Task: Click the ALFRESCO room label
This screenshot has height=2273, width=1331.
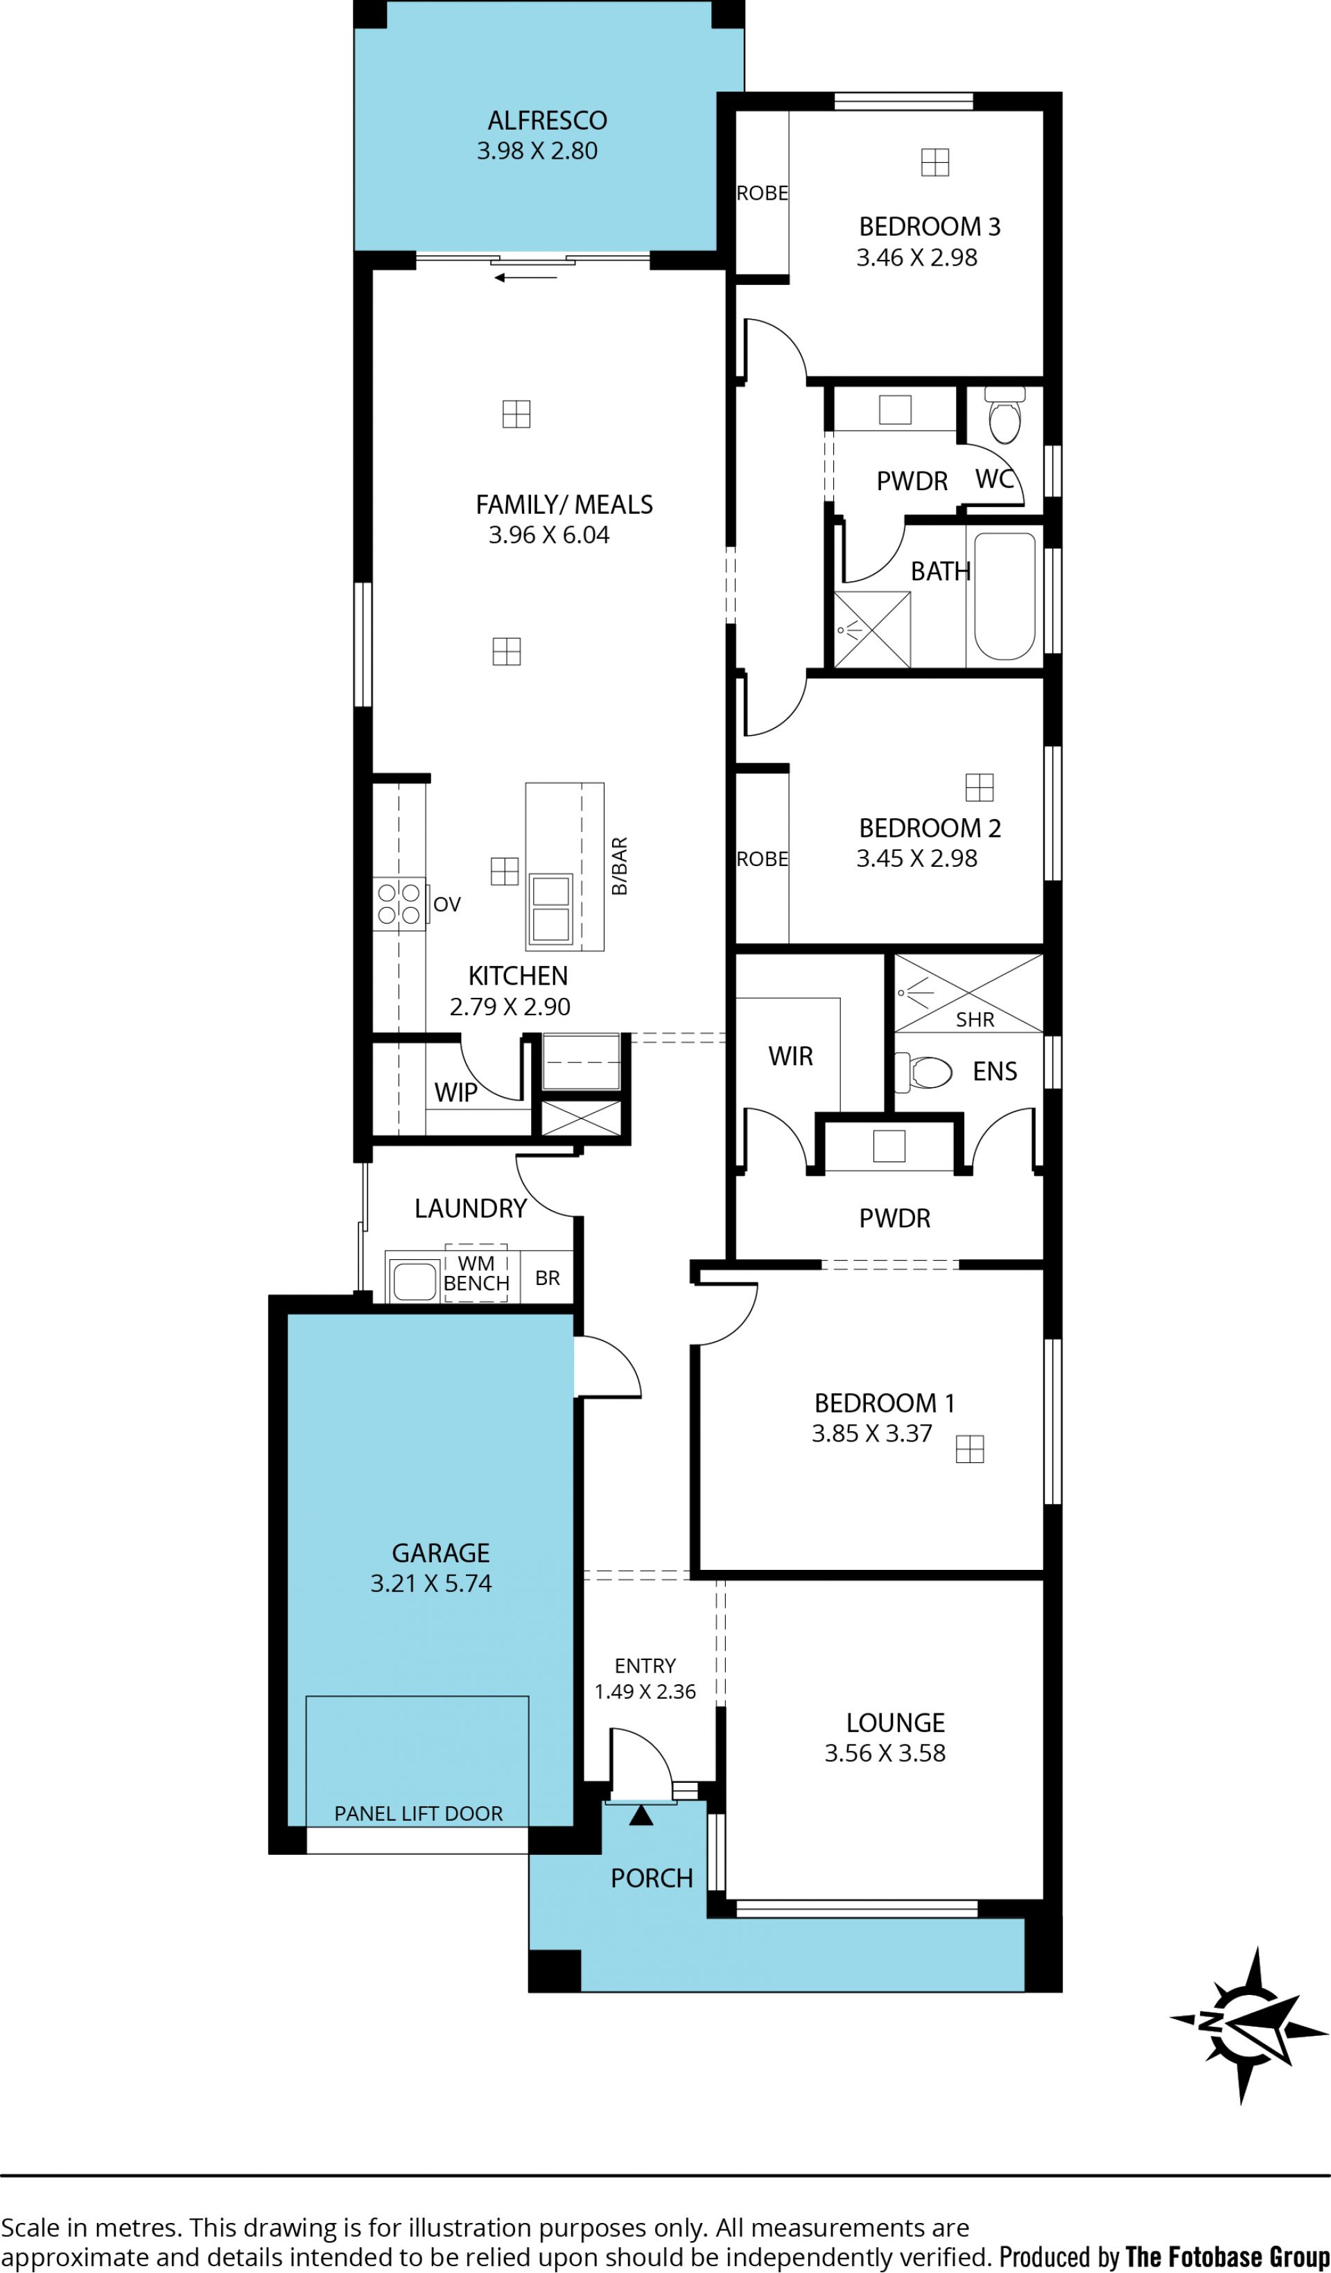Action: pyautogui.click(x=548, y=121)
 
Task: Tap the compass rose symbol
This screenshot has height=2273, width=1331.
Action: pyautogui.click(x=1250, y=2025)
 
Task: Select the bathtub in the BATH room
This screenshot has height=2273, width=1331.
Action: pyautogui.click(x=1004, y=596)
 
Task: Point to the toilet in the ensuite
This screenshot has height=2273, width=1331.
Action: pyautogui.click(x=923, y=1071)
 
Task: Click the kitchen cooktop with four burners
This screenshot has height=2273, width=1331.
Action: pyautogui.click(x=399, y=904)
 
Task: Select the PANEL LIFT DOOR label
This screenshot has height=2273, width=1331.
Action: pyautogui.click(x=419, y=1813)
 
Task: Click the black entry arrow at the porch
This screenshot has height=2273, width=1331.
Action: pyautogui.click(x=641, y=1814)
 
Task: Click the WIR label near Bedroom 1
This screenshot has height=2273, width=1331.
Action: pyautogui.click(x=791, y=1056)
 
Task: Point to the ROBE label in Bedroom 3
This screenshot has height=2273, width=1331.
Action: pyautogui.click(x=762, y=193)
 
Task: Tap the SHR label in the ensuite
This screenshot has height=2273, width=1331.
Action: pyautogui.click(x=975, y=1019)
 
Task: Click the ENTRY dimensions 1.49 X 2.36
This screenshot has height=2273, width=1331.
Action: pyautogui.click(x=645, y=1691)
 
